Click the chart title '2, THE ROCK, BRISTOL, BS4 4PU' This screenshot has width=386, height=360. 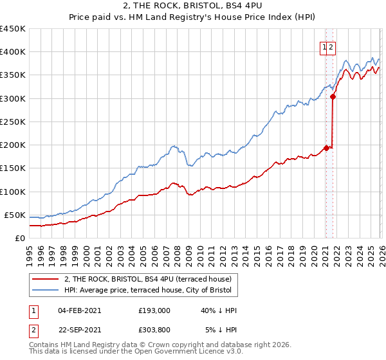click(x=192, y=6)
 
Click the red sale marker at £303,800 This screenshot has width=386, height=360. click(x=333, y=96)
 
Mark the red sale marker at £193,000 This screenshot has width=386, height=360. click(x=326, y=148)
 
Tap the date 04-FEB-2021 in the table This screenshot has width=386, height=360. click(x=79, y=310)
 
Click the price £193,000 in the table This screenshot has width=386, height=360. click(x=154, y=310)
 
